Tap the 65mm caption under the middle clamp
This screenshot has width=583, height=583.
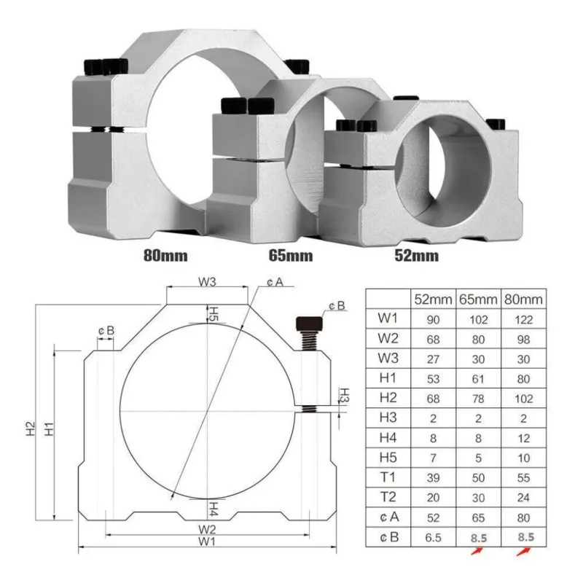[290, 256]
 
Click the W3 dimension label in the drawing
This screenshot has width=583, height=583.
[207, 281]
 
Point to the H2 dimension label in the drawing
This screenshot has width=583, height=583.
[31, 430]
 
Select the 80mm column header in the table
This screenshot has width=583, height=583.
[523, 299]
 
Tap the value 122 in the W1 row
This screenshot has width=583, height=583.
[523, 319]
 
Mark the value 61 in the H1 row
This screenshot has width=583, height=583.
[479, 379]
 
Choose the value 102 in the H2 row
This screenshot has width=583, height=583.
[523, 399]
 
